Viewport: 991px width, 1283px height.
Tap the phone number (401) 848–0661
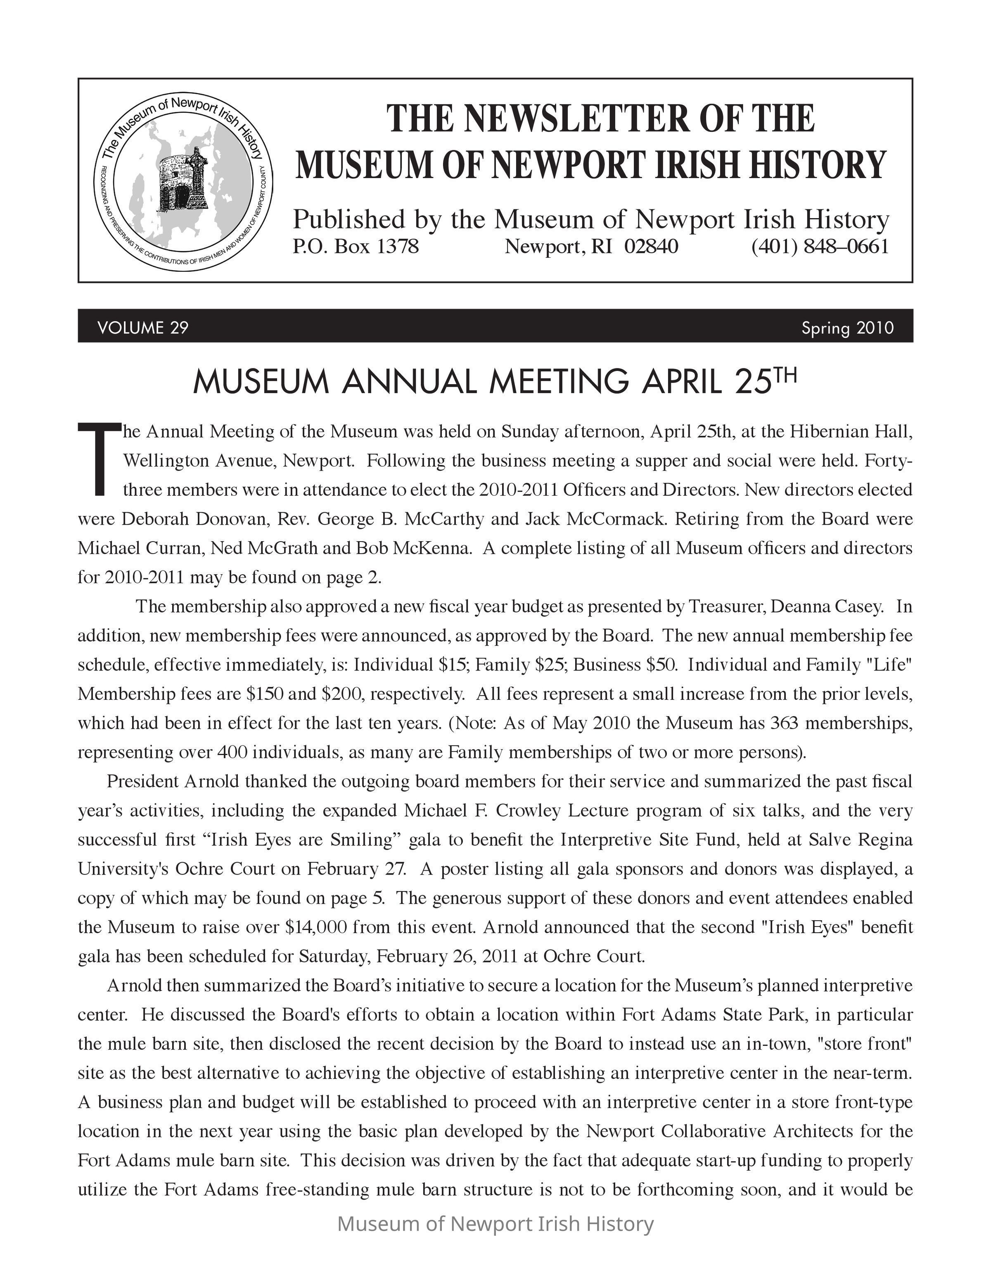(x=820, y=247)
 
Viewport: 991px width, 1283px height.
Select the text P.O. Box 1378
(x=356, y=247)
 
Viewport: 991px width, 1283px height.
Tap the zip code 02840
(x=651, y=247)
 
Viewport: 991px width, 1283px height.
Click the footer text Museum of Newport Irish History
(x=495, y=1224)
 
